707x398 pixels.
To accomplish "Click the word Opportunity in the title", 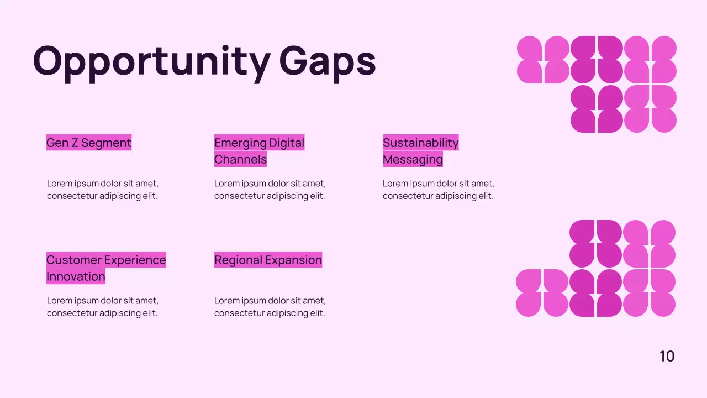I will tap(151, 61).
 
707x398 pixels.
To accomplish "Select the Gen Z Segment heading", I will tap(89, 143).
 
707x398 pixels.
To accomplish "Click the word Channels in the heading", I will tap(240, 159).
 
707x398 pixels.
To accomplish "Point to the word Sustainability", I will tap(420, 143).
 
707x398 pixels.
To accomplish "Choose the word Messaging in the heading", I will tap(413, 159).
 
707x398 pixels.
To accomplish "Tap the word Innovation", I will tap(76, 276).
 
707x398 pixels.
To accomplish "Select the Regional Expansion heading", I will tap(268, 260).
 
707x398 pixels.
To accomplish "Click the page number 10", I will tap(667, 357).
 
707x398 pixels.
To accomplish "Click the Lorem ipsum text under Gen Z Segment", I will tap(102, 190).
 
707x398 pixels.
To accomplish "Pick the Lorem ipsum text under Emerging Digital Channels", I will tap(270, 190).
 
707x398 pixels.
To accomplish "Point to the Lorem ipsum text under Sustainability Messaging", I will tap(438, 190).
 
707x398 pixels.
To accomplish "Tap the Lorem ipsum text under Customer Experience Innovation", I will tap(102, 307).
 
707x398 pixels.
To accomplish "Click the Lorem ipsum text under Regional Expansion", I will tap(270, 307).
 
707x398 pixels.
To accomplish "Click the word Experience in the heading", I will tap(135, 260).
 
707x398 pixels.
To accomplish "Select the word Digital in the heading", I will tap(287, 143).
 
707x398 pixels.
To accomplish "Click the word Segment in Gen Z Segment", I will tap(107, 143).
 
